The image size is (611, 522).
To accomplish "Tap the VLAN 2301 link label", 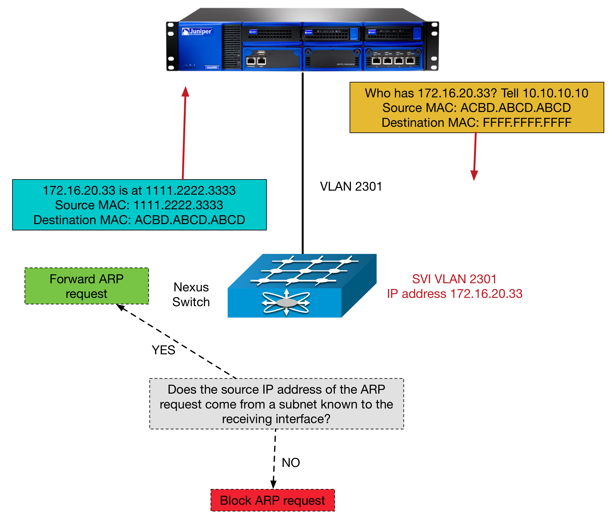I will (x=351, y=187).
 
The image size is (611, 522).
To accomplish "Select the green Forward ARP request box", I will (x=86, y=286).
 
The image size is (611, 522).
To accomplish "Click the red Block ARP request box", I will (x=272, y=500).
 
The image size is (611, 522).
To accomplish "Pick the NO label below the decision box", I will (x=291, y=462).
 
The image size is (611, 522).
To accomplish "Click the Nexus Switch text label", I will (x=191, y=294).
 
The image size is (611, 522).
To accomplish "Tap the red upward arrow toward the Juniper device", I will (x=184, y=133).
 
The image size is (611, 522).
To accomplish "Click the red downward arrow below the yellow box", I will (x=475, y=156).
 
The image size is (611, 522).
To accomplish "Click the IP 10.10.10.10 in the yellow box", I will (x=555, y=93).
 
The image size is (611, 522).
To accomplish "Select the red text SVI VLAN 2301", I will (x=454, y=279).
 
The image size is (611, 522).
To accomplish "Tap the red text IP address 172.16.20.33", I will (x=455, y=294).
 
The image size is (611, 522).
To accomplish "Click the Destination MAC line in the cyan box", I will (x=139, y=220).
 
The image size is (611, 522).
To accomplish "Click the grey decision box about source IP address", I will (x=276, y=404).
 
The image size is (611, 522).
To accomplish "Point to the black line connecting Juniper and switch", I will (x=303, y=162).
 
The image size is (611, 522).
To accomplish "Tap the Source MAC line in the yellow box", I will (x=476, y=108).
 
